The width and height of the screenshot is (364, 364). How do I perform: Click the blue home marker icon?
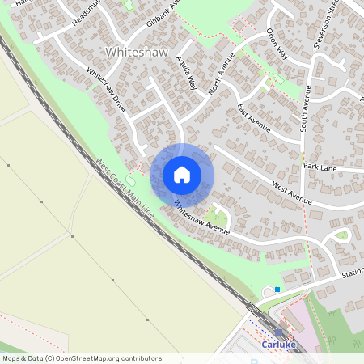click(x=182, y=174)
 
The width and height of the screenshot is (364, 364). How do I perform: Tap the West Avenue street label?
click(x=291, y=193)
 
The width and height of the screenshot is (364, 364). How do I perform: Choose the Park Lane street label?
click(x=320, y=166)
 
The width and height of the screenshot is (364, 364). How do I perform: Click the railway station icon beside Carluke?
click(x=279, y=332)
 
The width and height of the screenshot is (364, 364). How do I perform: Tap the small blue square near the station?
click(x=277, y=289)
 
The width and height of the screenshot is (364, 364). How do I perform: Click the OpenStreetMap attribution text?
click(x=81, y=358)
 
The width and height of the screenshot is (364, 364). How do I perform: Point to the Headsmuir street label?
click(x=90, y=11)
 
